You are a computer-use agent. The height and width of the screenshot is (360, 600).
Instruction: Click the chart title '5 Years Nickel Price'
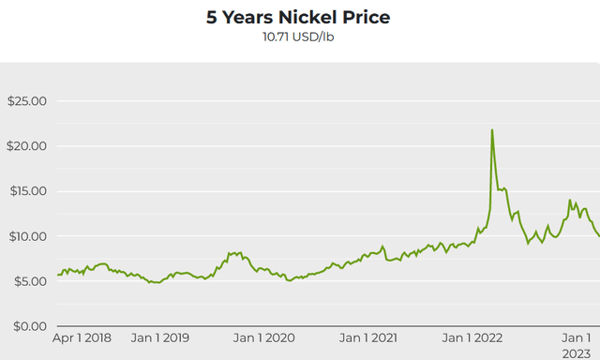click(x=298, y=17)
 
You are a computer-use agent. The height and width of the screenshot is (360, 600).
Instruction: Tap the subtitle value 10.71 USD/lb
click(x=299, y=37)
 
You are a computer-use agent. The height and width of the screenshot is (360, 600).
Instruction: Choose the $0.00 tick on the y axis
click(x=27, y=326)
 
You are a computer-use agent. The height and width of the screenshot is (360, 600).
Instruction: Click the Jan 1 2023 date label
click(x=577, y=344)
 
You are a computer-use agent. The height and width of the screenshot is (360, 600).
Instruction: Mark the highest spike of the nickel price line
click(x=492, y=130)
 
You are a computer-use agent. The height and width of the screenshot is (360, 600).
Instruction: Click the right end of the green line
click(x=599, y=235)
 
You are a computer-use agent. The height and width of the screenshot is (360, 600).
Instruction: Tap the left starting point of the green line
click(x=58, y=275)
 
